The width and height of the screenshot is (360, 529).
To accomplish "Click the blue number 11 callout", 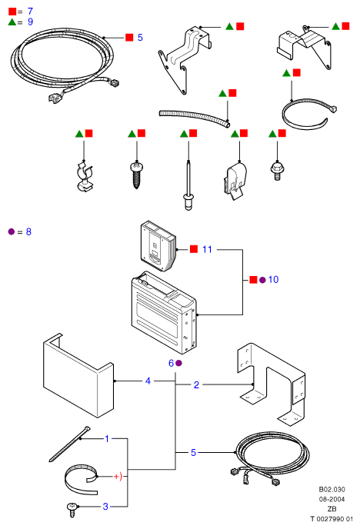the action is [x=207, y=249].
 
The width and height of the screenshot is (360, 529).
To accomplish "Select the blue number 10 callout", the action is [x=273, y=279].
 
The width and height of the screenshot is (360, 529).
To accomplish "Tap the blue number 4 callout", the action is [x=148, y=381].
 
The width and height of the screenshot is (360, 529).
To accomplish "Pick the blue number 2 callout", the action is [x=196, y=384].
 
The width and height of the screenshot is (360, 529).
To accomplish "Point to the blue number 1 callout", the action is [x=107, y=438].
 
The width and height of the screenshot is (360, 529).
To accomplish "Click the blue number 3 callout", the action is [x=105, y=507].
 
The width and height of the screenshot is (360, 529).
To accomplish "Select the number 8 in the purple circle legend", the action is [x=28, y=231].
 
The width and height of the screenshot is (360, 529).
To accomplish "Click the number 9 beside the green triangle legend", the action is [x=30, y=22].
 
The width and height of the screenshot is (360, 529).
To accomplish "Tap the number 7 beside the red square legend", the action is [x=30, y=11].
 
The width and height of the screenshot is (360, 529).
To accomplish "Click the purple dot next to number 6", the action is [x=178, y=363].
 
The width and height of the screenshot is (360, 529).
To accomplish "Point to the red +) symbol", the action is [x=118, y=477].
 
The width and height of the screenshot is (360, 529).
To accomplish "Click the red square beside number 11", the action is [x=194, y=249].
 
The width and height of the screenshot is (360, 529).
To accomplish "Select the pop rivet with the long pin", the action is [x=188, y=185].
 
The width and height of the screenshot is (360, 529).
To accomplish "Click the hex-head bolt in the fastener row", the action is [x=277, y=171].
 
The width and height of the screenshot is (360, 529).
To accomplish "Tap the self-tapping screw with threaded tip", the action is [x=137, y=175].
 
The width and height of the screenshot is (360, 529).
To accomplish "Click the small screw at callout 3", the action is [x=72, y=509].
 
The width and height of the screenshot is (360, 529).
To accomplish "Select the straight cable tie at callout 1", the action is [x=69, y=444].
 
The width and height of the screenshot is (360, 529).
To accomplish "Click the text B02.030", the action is [x=332, y=489].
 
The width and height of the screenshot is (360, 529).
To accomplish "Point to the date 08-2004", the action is [x=332, y=499].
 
